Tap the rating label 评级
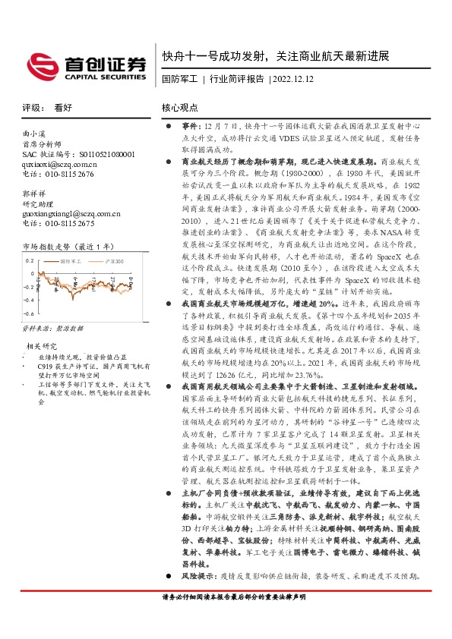[30, 108]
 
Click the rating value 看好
[63, 108]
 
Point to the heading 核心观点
[181, 108]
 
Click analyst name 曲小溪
[34, 134]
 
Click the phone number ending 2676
[58, 173]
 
